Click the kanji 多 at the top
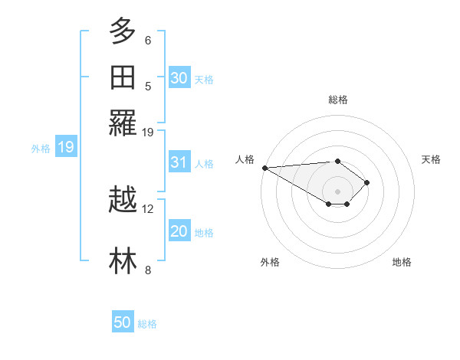123,31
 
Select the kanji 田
123,77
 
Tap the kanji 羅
123,123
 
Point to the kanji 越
123,201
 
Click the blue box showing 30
179,77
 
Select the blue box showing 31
179,162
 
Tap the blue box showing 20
179,231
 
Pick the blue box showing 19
66,147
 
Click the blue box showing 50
123,322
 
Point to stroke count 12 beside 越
148,208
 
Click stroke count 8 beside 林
148,270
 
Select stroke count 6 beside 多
148,40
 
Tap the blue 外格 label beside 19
41,149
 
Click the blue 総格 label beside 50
147,324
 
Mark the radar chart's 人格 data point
264,168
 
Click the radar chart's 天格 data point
368,182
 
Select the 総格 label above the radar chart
338,100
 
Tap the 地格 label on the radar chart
402,262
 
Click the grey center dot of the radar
338,191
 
